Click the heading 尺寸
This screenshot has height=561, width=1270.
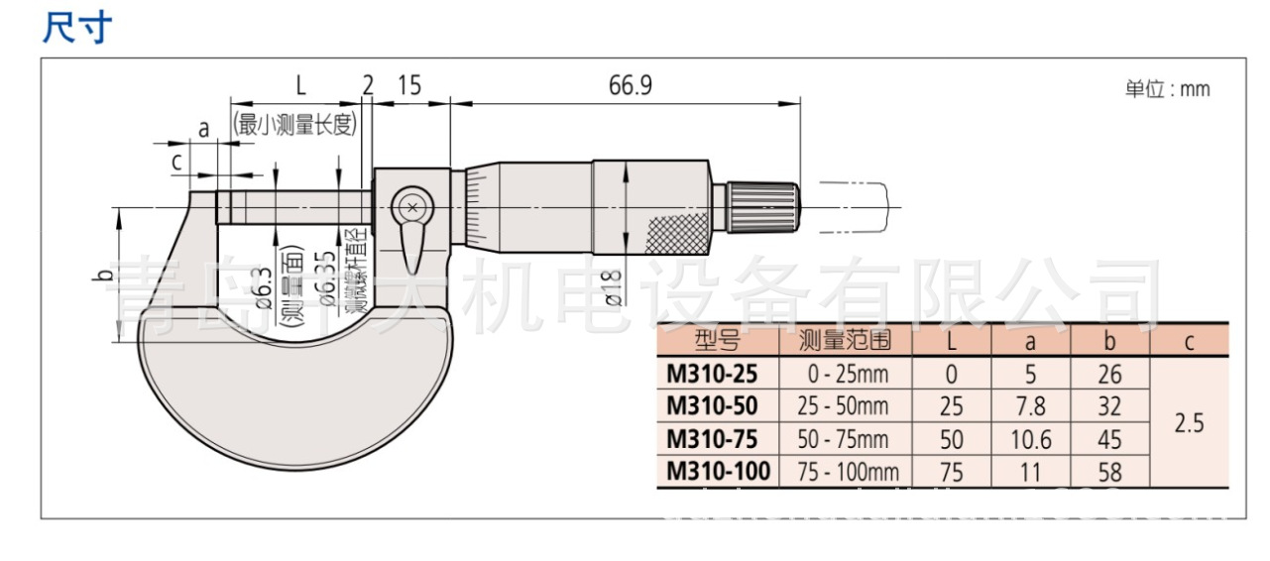tap(77, 28)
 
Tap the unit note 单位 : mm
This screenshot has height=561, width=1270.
tap(1167, 89)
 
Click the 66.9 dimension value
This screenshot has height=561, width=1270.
tap(630, 86)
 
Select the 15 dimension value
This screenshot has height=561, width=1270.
tap(408, 86)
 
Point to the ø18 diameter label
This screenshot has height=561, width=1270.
tap(611, 286)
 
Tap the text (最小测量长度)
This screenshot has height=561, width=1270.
tap(294, 124)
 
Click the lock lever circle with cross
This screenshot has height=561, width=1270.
tap(410, 208)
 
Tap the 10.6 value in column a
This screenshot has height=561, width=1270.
tap(1031, 439)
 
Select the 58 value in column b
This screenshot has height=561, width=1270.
tap(1110, 472)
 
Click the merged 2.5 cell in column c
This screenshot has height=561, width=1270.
tap(1189, 423)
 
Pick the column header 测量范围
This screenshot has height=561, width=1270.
tap(845, 341)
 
